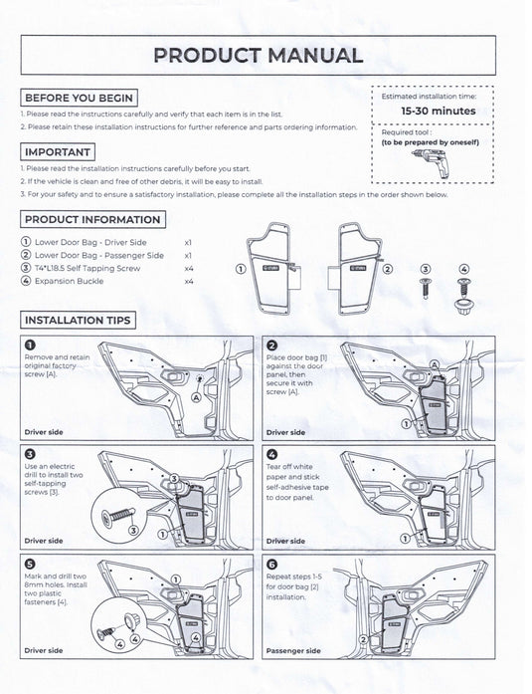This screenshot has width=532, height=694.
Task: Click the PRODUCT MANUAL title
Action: pos(258,55)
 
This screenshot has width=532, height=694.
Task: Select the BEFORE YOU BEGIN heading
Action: pos(79,99)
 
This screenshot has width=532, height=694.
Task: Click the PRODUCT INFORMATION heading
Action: pos(92,219)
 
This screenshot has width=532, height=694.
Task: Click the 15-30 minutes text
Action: pos(438,111)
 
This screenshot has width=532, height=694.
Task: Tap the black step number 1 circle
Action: pos(30,346)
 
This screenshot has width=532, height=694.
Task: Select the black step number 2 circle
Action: pos(271,346)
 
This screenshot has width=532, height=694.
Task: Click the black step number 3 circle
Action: pos(30,454)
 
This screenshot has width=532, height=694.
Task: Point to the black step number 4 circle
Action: pos(271,454)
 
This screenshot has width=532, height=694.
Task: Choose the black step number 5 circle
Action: pos(30,563)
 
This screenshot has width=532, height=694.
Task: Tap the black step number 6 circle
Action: pos(271,563)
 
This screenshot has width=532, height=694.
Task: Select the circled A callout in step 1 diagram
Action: pos(196,396)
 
